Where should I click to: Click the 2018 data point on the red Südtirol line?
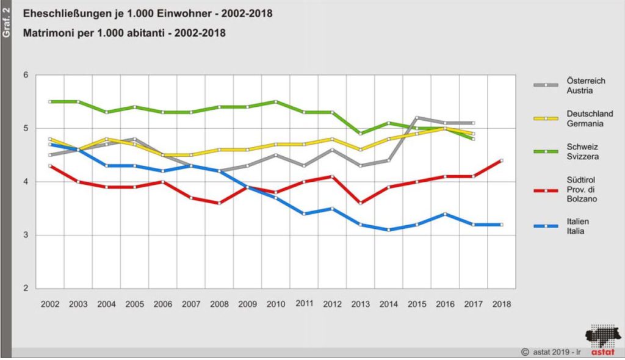pos(502,160)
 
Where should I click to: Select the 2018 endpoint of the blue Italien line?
pos(502,225)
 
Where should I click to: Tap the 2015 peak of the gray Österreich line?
pos(417,118)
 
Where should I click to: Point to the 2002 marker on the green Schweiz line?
pos(50,101)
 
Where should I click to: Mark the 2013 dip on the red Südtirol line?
pos(360,203)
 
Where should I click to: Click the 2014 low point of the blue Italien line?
pos(389,230)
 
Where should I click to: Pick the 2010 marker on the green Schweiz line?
pos(276,101)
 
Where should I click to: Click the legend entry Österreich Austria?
pos(568,86)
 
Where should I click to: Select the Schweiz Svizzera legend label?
pos(565,152)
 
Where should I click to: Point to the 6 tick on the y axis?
pos(26,75)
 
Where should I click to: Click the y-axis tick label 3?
pos(26,236)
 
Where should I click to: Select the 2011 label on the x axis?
pos(304,303)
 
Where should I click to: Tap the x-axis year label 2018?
pos(502,303)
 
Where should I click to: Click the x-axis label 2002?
pos(50,303)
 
